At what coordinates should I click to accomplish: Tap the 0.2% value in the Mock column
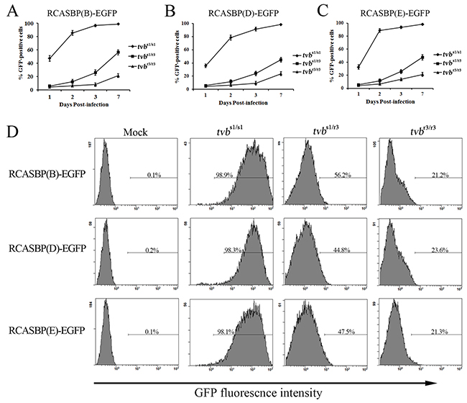point(141,252)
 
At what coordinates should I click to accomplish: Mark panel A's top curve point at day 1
point(30,58)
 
